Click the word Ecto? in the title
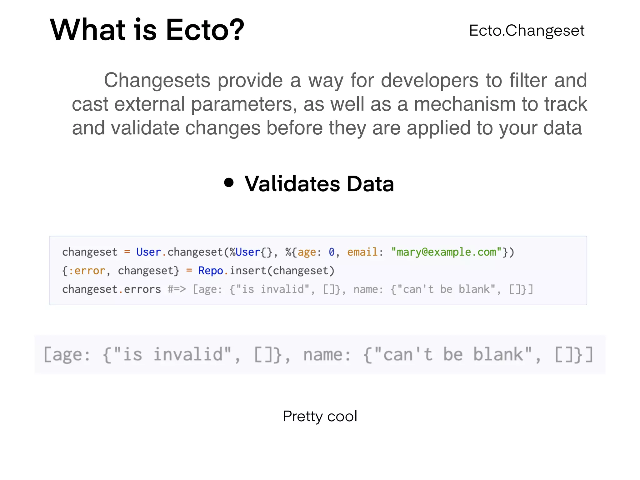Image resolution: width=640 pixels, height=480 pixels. coord(205,30)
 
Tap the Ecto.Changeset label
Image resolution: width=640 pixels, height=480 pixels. coord(527,31)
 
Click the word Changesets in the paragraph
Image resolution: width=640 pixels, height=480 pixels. coord(157,80)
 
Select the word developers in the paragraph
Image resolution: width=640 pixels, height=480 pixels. coord(430,80)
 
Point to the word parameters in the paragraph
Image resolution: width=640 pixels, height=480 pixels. coord(243,104)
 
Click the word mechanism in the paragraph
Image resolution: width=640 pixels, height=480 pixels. coord(465,104)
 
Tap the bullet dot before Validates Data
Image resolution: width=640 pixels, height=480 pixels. coord(229,183)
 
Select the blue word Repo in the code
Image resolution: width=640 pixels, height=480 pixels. coord(210,271)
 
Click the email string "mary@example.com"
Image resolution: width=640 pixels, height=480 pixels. coord(446,252)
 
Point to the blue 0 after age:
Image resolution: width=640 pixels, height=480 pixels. coord(332,252)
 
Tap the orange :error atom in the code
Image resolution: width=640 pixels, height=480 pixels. coord(87,271)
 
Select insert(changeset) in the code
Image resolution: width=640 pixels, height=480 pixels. coord(282,271)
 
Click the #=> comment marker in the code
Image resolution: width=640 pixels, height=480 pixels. coord(177,289)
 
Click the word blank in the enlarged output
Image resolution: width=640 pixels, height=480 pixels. coord(498,355)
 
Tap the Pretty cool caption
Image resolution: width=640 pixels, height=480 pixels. coord(320,416)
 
